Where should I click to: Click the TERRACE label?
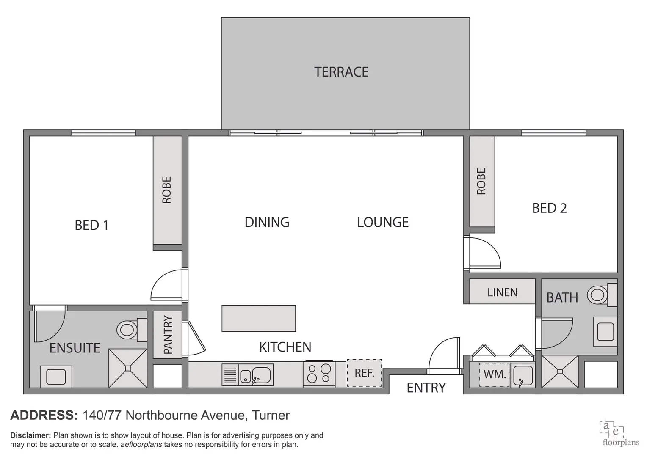tap(341, 72)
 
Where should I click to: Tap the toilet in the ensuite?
tap(127, 329)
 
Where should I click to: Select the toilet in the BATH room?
tap(598, 295)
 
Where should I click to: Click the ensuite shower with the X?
tap(127, 368)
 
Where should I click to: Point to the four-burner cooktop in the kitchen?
tap(319, 374)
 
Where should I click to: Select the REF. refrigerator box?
tap(364, 373)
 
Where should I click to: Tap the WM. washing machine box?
tap(494, 374)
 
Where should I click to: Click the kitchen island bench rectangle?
tap(259, 318)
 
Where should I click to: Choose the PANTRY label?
tap(168, 335)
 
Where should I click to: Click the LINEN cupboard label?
tap(502, 292)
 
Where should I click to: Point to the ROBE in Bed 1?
tap(167, 190)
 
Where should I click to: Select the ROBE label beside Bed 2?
tap(481, 181)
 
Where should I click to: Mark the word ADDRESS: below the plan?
tap(44, 415)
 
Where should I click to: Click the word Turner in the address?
tap(271, 415)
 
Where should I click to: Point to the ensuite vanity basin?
tap(56, 376)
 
